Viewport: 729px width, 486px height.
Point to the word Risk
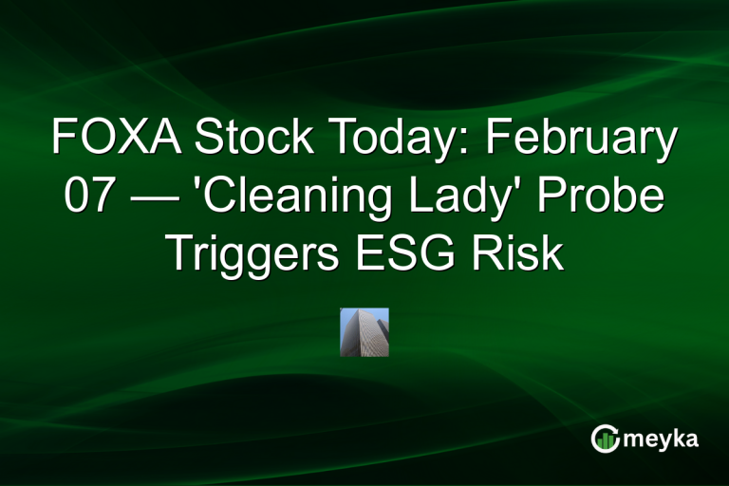point(522,252)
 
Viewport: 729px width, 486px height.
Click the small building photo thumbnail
point(364,332)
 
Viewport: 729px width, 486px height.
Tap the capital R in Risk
point(497,252)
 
